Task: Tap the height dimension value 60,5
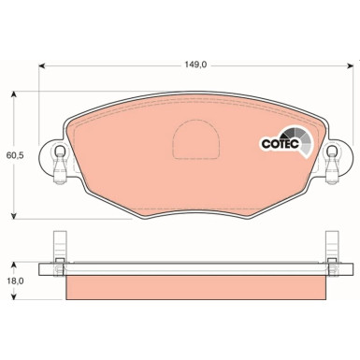pos(14,157)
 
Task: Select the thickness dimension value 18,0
pos(14,279)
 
